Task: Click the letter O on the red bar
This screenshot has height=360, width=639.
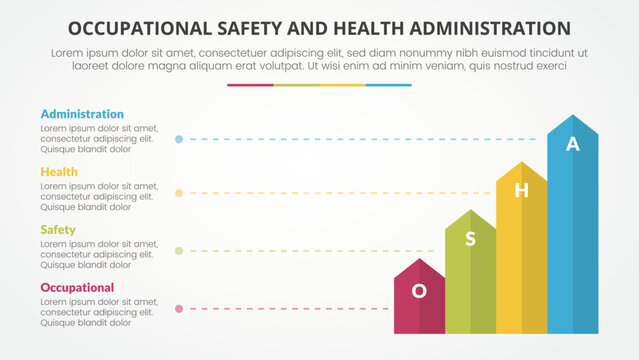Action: point(420,290)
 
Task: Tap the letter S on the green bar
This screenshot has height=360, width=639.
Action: point(471,238)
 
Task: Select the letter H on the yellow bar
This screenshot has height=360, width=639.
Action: point(521,190)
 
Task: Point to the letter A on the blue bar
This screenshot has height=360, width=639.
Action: point(572,144)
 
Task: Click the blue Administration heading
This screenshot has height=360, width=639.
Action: point(82,114)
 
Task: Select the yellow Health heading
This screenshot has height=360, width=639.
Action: point(58,172)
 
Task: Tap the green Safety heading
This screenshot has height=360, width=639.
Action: point(58,230)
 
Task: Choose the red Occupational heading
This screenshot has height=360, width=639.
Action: point(77,288)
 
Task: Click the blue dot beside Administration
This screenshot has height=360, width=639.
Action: point(179,139)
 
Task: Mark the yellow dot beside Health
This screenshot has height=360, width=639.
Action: point(179,193)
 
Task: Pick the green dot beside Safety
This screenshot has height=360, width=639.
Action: point(179,251)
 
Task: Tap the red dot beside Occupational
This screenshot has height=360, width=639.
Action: point(179,309)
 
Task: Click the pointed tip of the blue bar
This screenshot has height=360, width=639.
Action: point(573,115)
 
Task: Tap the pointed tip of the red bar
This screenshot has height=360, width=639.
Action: point(420,259)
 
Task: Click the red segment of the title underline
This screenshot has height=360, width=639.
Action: point(250,85)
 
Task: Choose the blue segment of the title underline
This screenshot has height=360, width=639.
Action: point(388,85)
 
